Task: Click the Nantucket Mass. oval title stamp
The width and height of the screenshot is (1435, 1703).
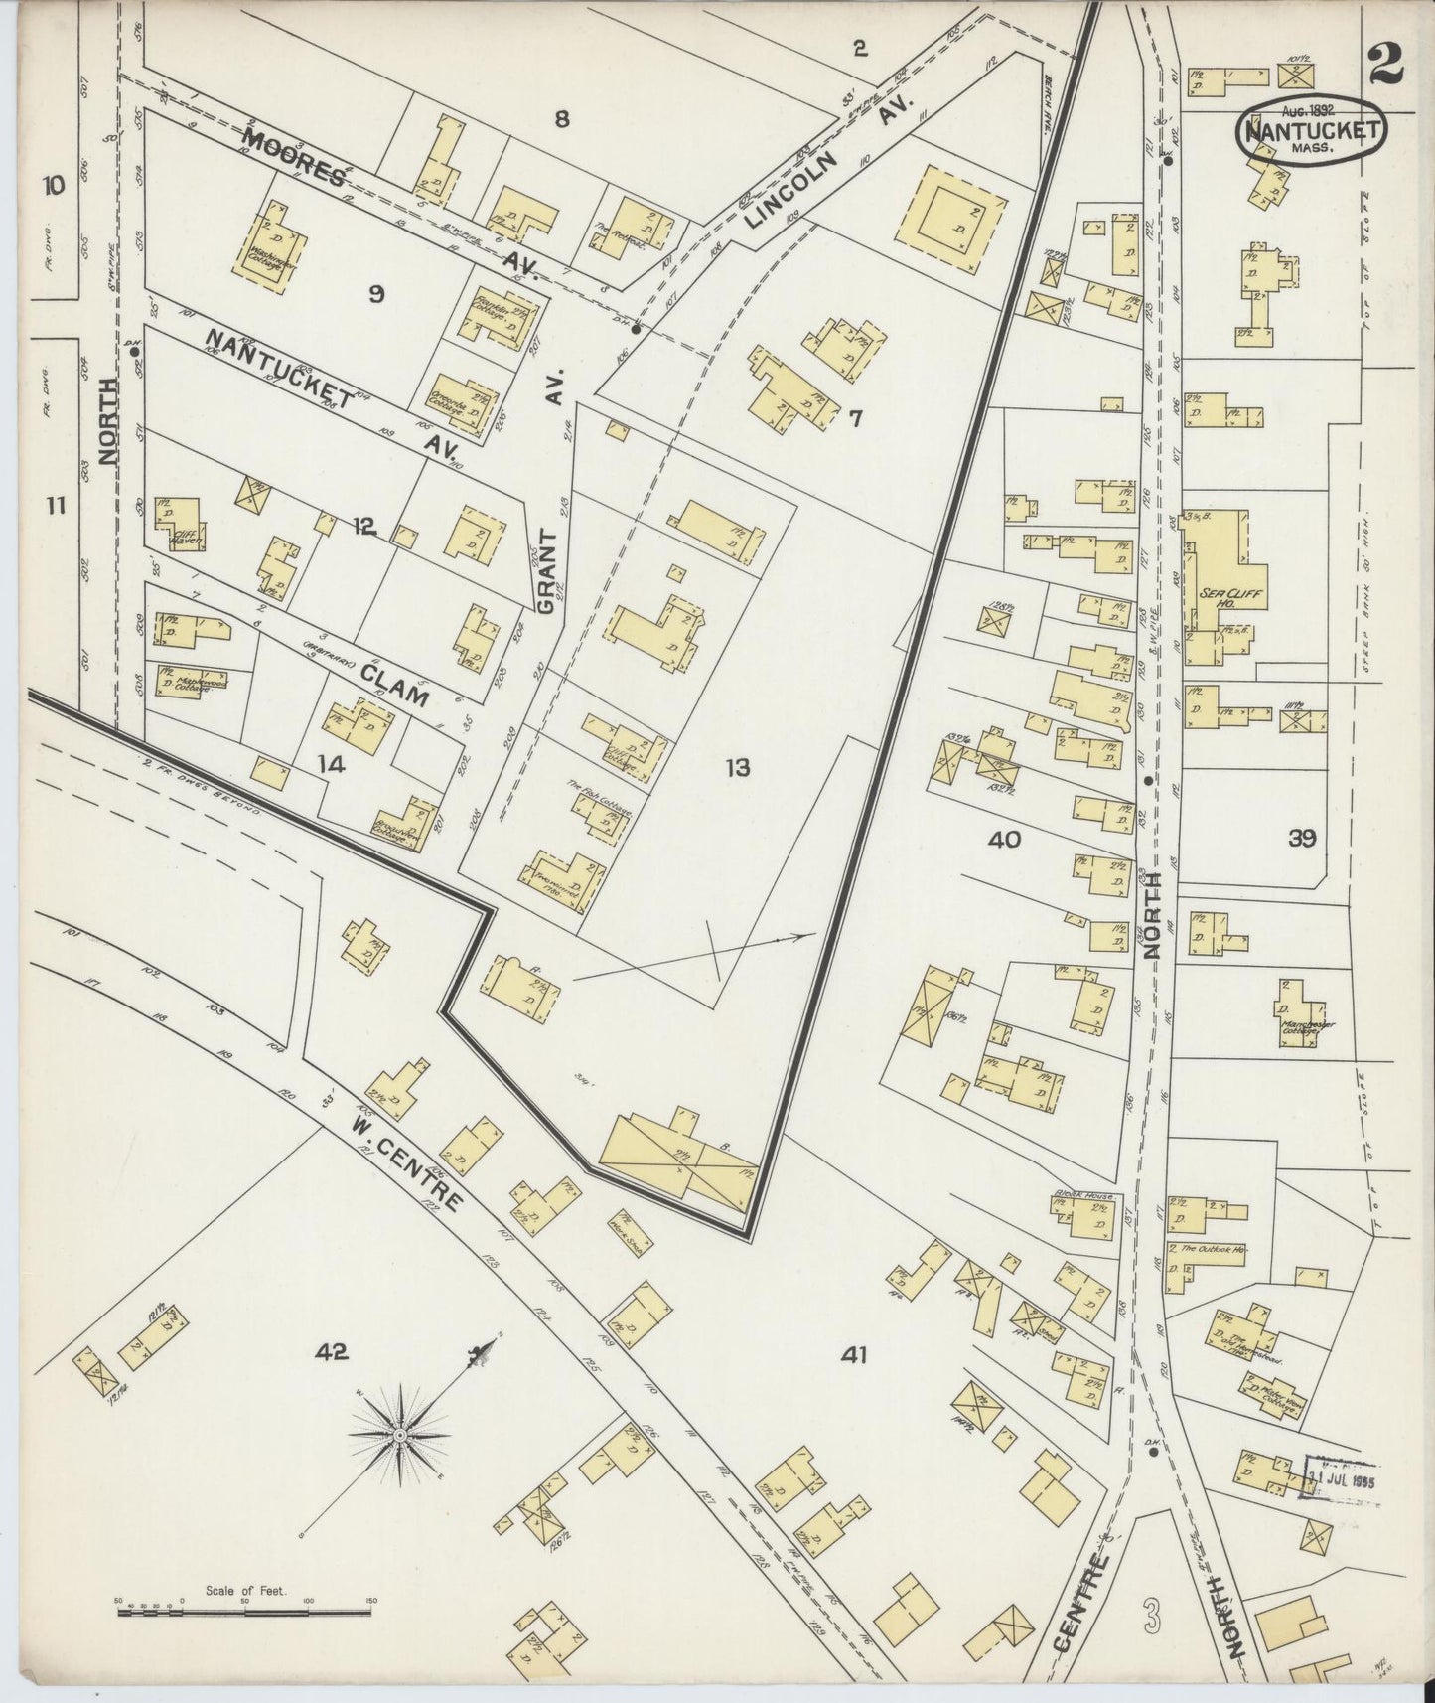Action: [1311, 130]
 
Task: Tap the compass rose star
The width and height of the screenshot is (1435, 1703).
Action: [399, 1435]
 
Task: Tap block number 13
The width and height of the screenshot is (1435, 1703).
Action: [737, 768]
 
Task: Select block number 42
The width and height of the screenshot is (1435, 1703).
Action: [331, 1351]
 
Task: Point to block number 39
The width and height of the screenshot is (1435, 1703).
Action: [1302, 838]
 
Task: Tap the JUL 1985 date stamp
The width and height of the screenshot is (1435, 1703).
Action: [1340, 1477]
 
